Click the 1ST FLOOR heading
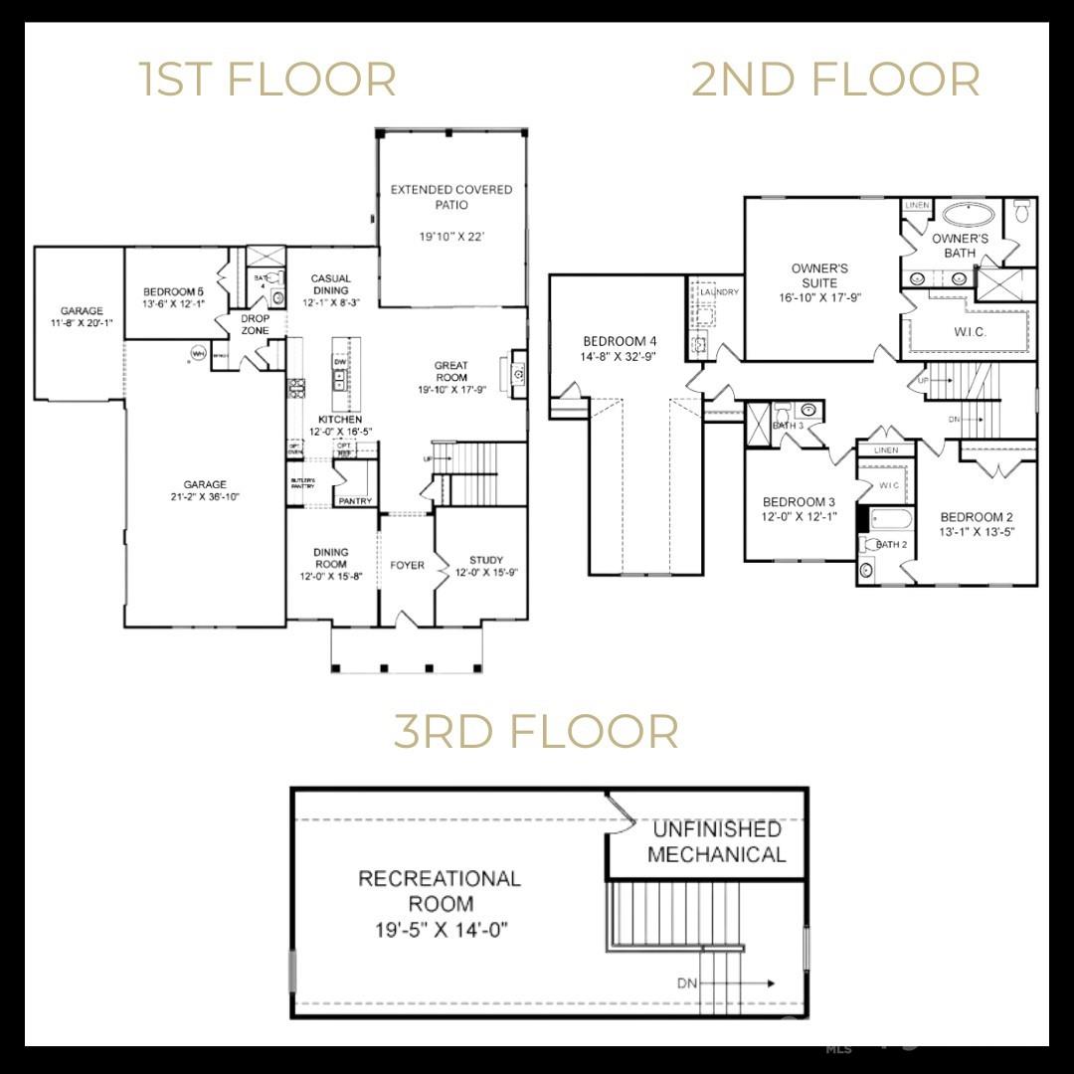pos(267,80)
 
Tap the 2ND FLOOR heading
pos(835,80)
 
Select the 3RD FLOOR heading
pos(536,731)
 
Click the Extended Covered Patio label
pos(451,197)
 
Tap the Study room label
pos(486,560)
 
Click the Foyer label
pos(407,565)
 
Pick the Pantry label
pos(355,501)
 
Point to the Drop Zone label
pos(256,324)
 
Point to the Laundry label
pos(719,292)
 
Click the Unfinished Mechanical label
pos(716,841)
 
